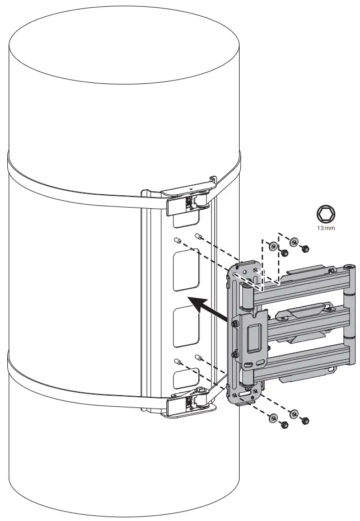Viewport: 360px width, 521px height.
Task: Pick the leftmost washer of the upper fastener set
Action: [272, 246]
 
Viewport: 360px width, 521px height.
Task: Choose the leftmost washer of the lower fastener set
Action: [273, 418]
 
